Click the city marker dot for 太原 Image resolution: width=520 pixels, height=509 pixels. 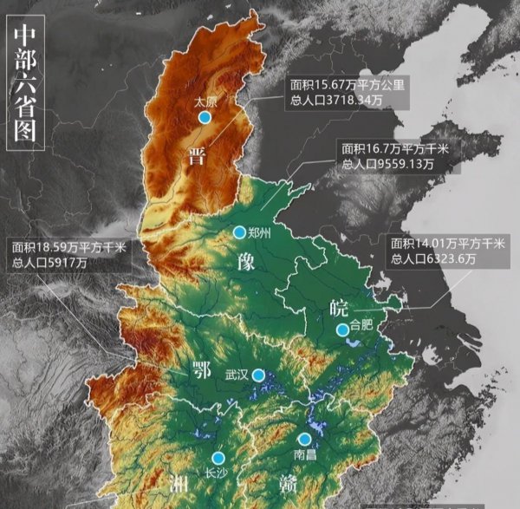click(x=205, y=117)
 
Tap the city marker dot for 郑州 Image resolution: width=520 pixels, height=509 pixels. click(x=240, y=232)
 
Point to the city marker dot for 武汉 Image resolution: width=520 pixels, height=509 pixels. click(x=258, y=375)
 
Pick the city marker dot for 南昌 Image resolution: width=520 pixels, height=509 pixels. click(x=304, y=439)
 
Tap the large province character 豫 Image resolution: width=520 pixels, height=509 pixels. click(x=244, y=263)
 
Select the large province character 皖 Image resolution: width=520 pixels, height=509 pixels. click(x=339, y=306)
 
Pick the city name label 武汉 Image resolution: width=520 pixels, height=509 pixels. click(x=237, y=375)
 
